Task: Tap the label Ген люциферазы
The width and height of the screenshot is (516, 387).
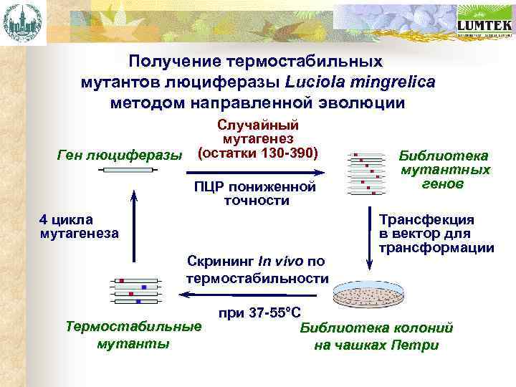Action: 119,155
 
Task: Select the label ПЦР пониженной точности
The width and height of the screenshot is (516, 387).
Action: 254,194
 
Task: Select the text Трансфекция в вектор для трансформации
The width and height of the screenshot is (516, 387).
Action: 436,234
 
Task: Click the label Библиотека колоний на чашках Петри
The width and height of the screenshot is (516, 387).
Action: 376,337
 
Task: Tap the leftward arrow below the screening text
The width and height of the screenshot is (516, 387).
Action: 250,293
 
